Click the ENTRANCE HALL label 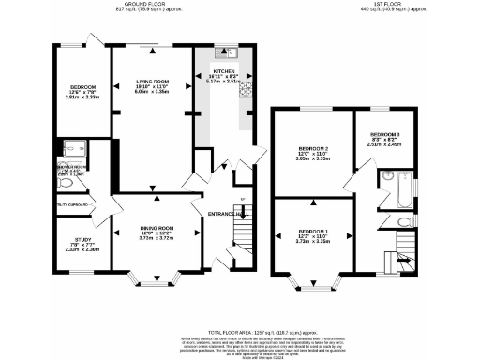[230, 215]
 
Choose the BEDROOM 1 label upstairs [314, 231]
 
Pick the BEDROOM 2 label [313, 149]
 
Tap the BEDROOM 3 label [384, 135]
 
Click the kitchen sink [225, 52]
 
